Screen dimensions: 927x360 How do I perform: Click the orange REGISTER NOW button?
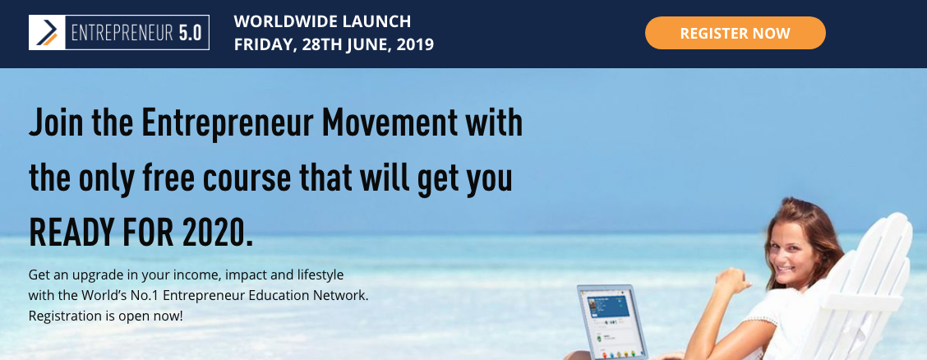[735, 33]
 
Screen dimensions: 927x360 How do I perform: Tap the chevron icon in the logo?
[47, 33]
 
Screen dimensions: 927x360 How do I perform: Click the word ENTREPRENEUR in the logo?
[122, 33]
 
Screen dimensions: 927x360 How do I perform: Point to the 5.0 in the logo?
[191, 33]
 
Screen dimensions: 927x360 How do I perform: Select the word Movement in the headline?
[389, 123]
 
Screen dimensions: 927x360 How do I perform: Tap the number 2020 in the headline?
[218, 233]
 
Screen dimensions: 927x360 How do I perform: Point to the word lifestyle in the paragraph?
[321, 275]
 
